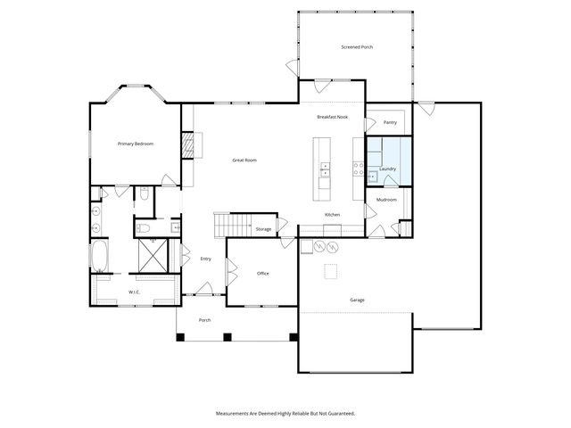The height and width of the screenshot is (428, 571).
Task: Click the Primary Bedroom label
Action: point(137,144)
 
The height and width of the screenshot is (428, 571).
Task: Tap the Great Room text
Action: point(244,160)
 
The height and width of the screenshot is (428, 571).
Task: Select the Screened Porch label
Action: point(357,46)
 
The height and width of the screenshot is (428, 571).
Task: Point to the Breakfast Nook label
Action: point(332,118)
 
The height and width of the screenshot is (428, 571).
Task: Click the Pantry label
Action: point(389,122)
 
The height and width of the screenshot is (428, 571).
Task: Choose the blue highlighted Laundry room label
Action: point(387,169)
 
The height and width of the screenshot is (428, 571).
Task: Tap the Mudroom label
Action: point(386,200)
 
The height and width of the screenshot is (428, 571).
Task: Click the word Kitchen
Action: point(332,216)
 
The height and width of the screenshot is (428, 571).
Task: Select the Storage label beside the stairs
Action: point(263,229)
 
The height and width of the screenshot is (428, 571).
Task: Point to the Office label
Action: point(262,274)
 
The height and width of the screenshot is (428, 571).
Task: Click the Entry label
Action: point(205,259)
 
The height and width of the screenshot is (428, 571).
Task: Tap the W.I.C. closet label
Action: point(134,292)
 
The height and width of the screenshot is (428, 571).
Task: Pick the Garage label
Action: point(357,300)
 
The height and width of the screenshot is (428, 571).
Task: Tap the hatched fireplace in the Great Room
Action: point(187,147)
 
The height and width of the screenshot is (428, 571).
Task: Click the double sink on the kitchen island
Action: point(326,169)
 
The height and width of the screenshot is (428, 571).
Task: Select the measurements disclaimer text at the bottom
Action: point(285,414)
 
